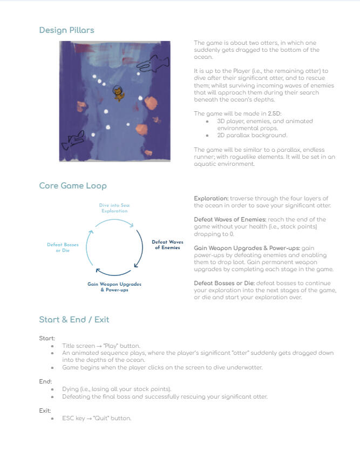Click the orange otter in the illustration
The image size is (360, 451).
click(x=117, y=94)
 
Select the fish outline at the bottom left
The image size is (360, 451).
click(x=74, y=140)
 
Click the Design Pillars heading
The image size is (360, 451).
click(x=66, y=30)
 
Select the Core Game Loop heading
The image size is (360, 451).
click(x=73, y=186)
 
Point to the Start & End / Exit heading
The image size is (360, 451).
click(x=74, y=320)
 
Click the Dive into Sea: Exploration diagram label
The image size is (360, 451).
click(x=114, y=208)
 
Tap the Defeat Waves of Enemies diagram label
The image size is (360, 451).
click(x=167, y=245)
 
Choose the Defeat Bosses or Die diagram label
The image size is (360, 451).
click(x=63, y=247)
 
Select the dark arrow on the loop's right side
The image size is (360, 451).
click(x=140, y=248)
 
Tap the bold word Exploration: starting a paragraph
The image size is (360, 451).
click(x=210, y=199)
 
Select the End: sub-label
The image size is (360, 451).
click(x=45, y=381)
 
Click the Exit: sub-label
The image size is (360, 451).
click(x=45, y=410)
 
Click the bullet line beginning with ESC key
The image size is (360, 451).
click(x=97, y=418)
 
